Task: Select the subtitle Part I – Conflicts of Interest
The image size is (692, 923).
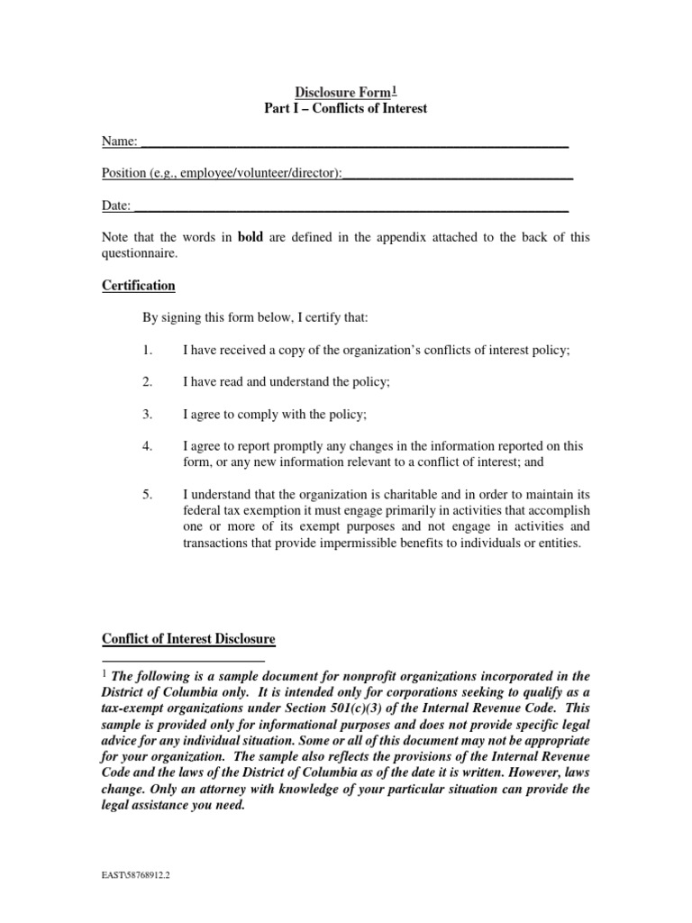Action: pos(347,109)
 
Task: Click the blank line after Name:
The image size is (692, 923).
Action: pos(355,145)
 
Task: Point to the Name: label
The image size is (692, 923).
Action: pos(119,141)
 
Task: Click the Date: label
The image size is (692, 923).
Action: pos(116,206)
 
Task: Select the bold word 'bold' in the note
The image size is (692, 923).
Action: pos(250,238)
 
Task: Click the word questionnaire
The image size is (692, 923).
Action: pos(140,254)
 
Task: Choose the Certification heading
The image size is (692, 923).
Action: pos(138,286)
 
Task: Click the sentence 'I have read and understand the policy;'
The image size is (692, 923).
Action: pos(287,382)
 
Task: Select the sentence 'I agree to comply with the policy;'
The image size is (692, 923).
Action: pos(276,414)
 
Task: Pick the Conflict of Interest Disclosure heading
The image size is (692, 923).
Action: pos(188,639)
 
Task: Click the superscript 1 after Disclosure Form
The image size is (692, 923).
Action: pos(395,88)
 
